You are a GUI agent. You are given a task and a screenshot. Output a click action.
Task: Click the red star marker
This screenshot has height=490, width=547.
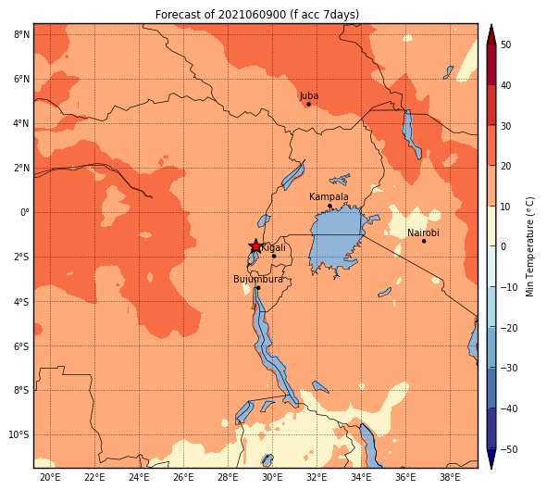(255, 246)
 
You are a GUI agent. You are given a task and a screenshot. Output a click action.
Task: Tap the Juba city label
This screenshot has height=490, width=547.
(309, 95)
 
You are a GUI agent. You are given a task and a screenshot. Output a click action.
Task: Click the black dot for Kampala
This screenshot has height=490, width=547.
(329, 206)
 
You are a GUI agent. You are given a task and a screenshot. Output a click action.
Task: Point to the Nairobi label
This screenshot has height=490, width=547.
(423, 232)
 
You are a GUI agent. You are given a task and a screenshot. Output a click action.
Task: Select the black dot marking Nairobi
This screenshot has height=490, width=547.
(424, 241)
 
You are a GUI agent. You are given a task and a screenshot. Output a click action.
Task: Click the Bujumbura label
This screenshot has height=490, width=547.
(258, 279)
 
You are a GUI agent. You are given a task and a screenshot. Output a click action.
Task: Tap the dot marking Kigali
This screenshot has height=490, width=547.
(274, 257)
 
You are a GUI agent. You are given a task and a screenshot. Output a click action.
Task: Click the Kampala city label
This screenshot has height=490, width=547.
(329, 197)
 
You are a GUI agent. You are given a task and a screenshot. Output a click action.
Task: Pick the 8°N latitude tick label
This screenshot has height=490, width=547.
(21, 34)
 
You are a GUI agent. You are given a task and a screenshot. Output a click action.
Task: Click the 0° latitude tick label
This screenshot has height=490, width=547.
(25, 212)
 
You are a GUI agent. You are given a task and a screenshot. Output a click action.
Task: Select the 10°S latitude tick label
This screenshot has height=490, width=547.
(19, 434)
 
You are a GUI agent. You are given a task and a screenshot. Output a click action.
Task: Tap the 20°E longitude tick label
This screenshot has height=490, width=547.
(50, 477)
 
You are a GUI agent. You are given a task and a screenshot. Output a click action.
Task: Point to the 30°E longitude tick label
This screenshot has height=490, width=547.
(272, 477)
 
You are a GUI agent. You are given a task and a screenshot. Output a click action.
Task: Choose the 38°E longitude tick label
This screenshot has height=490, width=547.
(450, 477)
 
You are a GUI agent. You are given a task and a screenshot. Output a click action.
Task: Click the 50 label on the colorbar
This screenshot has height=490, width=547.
(506, 44)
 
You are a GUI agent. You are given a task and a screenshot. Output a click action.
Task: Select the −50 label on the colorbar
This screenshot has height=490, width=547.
(509, 449)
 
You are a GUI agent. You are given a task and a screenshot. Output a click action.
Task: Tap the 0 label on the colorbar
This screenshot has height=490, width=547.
(503, 246)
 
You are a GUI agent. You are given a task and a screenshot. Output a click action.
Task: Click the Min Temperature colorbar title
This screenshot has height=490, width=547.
(530, 246)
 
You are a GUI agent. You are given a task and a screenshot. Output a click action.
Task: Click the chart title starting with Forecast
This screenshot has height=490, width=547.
(257, 15)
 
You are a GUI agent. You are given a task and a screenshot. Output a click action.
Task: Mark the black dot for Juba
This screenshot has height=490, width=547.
(308, 105)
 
